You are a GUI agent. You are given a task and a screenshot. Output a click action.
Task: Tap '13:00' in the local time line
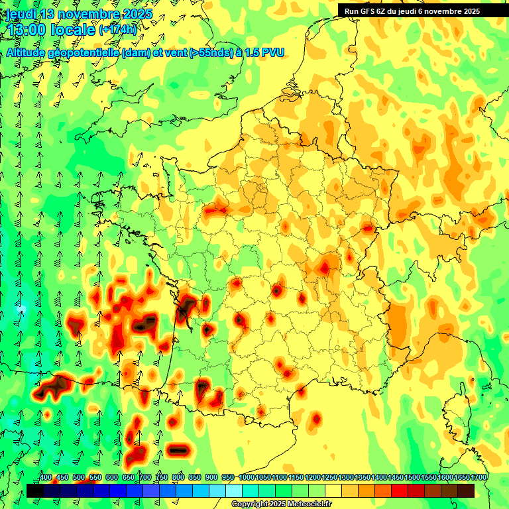tap(28, 30)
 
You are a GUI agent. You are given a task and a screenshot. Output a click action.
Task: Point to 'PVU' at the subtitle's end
tap(273, 52)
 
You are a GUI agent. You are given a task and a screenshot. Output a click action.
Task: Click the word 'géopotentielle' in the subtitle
tap(87, 52)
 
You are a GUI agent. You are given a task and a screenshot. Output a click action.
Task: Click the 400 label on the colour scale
tap(46, 478)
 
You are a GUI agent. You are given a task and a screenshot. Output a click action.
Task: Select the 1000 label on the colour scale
tap(247, 478)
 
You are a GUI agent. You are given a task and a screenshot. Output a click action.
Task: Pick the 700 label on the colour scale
tap(145, 478)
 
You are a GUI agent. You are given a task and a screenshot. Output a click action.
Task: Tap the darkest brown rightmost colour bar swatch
tap(466, 490)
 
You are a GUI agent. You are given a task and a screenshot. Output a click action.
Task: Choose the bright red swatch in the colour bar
tap(400, 490)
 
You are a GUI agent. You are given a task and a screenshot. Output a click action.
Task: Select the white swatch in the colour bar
tap(233, 490)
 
